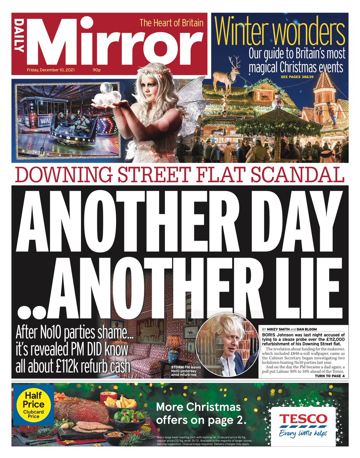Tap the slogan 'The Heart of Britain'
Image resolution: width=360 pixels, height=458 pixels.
[x=171, y=23]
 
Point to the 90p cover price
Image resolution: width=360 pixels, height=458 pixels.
[x=97, y=70]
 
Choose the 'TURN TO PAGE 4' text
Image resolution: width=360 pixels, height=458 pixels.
[x=329, y=376]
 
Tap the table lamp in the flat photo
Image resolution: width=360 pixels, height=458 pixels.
[x=174, y=346]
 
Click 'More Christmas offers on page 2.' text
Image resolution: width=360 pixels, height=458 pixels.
[x=199, y=413]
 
